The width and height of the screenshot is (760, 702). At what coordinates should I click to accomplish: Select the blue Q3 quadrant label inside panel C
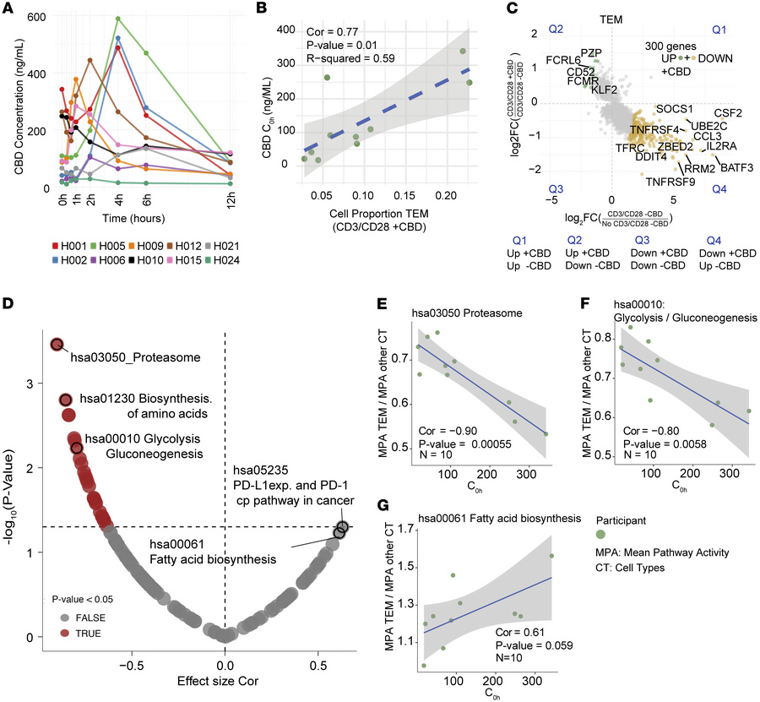555,188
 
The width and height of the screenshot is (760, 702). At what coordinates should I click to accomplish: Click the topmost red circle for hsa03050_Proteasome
57,344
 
